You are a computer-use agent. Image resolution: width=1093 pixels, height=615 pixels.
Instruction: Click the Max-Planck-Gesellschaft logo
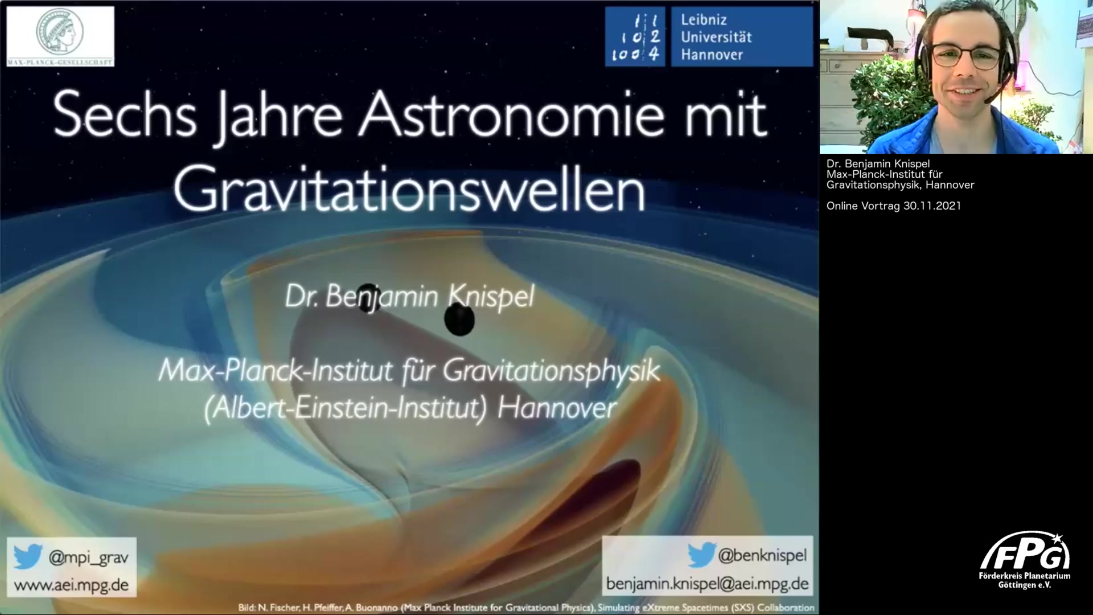(x=60, y=36)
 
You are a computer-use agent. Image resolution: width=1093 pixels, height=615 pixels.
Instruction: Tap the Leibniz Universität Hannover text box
(x=742, y=37)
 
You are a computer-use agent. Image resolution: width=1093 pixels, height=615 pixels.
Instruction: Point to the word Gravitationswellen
(x=409, y=188)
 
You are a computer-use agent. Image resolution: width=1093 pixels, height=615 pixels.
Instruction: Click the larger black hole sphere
(x=459, y=319)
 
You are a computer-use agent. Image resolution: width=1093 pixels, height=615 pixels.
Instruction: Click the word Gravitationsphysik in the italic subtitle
(x=551, y=371)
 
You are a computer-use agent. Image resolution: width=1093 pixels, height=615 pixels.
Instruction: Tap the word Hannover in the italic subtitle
(x=557, y=408)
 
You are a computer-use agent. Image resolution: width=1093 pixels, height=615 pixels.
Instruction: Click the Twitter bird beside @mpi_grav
(x=28, y=556)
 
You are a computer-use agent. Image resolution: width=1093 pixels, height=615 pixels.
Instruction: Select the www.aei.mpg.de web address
(x=71, y=585)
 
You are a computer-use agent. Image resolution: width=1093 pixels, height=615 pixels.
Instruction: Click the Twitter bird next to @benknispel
(x=701, y=555)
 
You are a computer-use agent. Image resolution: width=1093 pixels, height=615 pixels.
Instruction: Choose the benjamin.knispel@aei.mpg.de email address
(x=707, y=584)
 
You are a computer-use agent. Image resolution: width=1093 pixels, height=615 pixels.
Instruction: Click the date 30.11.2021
(x=932, y=206)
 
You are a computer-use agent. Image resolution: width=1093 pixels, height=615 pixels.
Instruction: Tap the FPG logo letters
(x=1025, y=551)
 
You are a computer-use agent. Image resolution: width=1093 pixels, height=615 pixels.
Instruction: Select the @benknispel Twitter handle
(x=762, y=555)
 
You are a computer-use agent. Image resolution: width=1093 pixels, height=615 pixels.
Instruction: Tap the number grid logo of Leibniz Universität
(x=635, y=37)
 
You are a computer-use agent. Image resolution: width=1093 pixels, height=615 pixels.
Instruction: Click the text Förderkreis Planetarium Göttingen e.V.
(x=1025, y=580)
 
